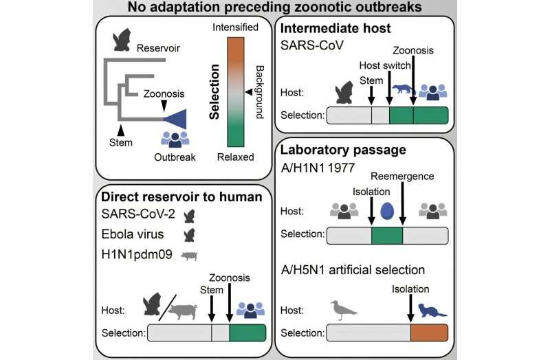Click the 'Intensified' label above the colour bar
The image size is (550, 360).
pos(236,27)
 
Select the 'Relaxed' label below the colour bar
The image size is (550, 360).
pos(236,157)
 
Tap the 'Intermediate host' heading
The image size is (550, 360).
pos(335,30)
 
